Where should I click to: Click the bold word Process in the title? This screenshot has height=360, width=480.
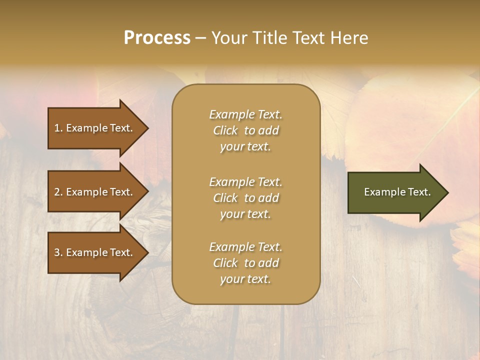coord(157,38)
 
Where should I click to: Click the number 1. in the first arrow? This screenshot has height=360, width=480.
coord(58,128)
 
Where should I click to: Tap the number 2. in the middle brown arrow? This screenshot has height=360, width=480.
coord(58,192)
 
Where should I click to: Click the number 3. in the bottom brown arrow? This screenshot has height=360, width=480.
coord(58,252)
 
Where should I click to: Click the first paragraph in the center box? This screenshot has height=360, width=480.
coord(245,130)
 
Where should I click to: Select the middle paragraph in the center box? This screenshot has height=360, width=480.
coord(245,198)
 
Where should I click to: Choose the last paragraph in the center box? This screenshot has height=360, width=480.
coord(245,263)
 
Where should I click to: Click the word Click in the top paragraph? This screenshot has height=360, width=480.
coord(225,130)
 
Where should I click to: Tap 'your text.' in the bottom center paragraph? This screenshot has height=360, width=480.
coord(245,279)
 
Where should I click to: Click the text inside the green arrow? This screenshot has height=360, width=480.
coord(397,192)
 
